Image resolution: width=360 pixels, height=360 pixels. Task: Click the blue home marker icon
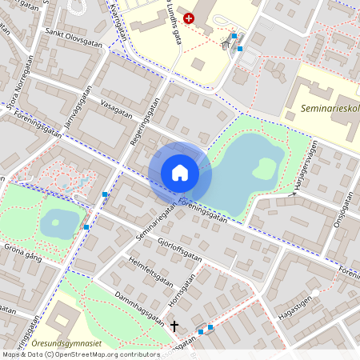[180, 173]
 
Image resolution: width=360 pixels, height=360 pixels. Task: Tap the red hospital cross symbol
[189, 18]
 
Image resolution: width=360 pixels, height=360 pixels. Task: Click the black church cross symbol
[174, 326]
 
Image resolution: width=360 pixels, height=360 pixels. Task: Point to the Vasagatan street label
[116, 108]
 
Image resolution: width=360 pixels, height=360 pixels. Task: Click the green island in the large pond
[263, 168]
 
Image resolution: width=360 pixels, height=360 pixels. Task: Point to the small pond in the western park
[59, 223]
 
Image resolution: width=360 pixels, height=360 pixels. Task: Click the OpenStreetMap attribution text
[80, 354]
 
